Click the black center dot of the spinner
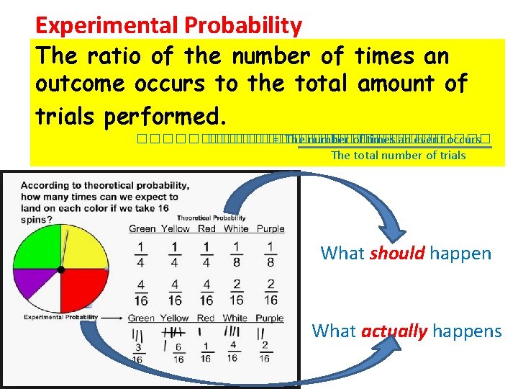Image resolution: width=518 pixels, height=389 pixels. pyautogui.click(x=61, y=269)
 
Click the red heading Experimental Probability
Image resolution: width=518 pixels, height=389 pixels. pyautogui.click(x=168, y=26)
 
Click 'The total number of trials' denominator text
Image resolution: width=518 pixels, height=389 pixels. pyautogui.click(x=398, y=156)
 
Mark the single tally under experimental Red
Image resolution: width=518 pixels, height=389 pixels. pyautogui.click(x=205, y=332)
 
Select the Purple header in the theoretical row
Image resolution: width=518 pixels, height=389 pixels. pyautogui.click(x=270, y=229)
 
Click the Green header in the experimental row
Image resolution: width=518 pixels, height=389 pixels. pyautogui.click(x=142, y=318)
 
